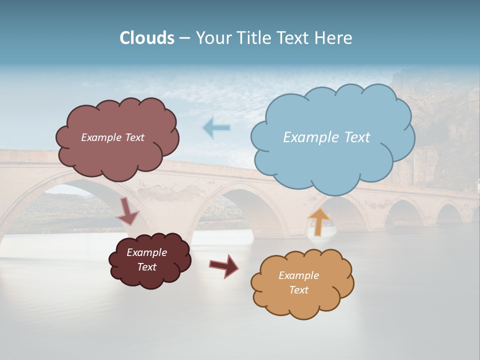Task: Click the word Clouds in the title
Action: click(x=147, y=38)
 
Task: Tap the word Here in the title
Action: click(x=334, y=38)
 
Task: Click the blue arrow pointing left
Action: click(x=216, y=128)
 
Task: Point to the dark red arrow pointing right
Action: click(x=224, y=265)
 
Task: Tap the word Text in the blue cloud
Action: click(x=357, y=137)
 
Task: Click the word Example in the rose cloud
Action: click(x=101, y=137)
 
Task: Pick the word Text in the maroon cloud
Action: click(x=147, y=267)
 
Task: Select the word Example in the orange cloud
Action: click(x=298, y=275)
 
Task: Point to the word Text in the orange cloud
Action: click(x=298, y=290)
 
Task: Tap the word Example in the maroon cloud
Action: click(x=147, y=252)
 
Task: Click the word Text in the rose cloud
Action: click(x=134, y=137)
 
